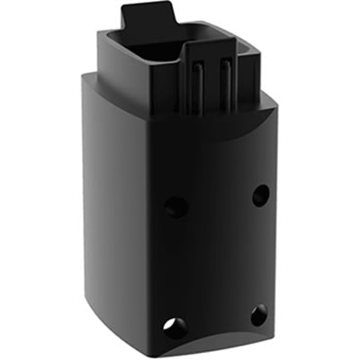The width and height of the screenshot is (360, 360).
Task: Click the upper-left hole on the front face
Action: click(x=176, y=206)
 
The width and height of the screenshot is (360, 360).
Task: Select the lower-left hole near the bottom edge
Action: click(x=171, y=327)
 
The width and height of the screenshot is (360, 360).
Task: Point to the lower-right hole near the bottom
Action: click(x=258, y=315)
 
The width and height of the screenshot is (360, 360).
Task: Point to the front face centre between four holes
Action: click(x=216, y=256)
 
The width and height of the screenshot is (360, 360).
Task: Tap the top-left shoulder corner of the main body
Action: click(x=84, y=76)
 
